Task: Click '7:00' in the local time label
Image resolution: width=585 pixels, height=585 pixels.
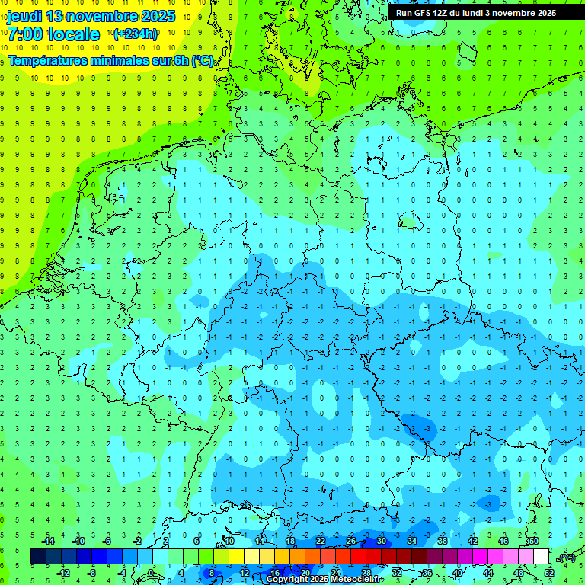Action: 24,34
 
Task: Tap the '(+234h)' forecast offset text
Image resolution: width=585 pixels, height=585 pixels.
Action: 135,34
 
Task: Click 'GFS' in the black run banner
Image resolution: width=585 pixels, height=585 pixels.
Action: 425,13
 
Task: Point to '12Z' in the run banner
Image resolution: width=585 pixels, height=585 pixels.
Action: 446,13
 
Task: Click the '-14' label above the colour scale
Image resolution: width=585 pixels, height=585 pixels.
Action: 48,541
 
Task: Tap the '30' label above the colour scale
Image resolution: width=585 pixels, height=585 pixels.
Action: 382,541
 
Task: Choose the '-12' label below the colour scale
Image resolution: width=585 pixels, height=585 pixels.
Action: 63,573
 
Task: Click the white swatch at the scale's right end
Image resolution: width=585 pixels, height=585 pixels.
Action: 542,557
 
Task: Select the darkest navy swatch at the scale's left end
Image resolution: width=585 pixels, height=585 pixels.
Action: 38,557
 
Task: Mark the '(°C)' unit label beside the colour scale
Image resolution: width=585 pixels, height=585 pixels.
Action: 566,558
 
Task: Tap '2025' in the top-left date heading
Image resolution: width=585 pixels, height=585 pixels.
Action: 157,16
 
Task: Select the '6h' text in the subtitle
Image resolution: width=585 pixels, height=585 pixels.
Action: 183,61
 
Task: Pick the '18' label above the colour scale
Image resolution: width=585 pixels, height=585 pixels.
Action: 290,541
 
